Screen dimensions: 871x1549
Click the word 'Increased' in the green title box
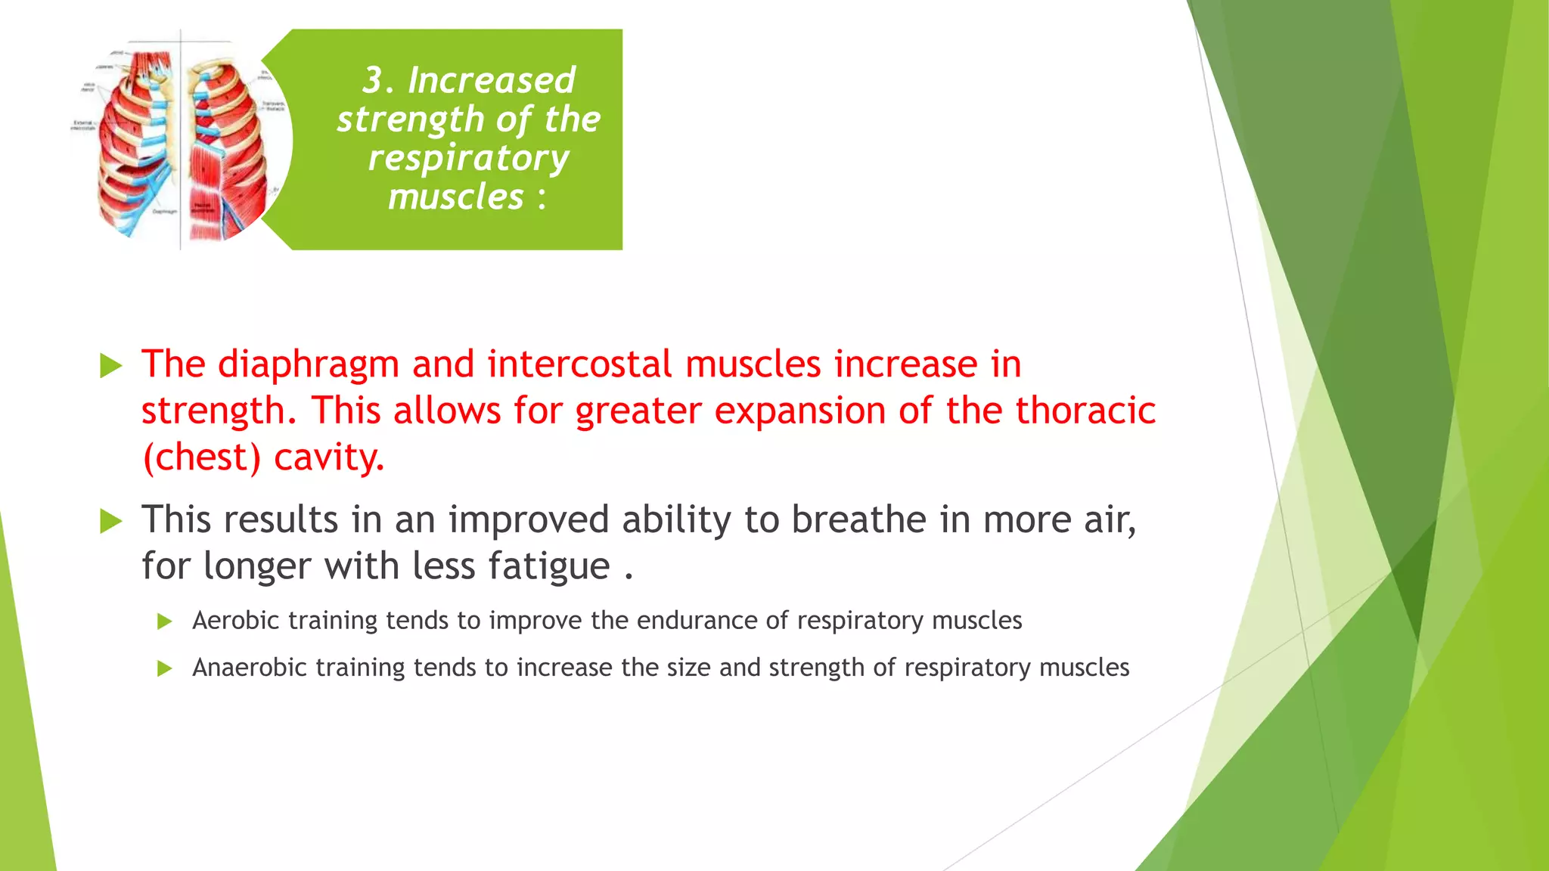(x=491, y=80)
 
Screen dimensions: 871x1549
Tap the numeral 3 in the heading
(x=372, y=80)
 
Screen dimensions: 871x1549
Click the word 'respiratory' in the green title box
(x=468, y=158)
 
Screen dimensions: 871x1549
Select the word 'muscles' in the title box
(x=455, y=197)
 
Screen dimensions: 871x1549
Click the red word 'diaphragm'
(x=308, y=364)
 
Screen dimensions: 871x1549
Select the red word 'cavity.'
(x=329, y=457)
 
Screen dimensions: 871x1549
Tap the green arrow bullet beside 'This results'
(x=111, y=522)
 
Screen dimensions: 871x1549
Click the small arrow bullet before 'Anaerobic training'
(x=165, y=668)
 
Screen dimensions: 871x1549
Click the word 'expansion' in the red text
(x=799, y=411)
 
